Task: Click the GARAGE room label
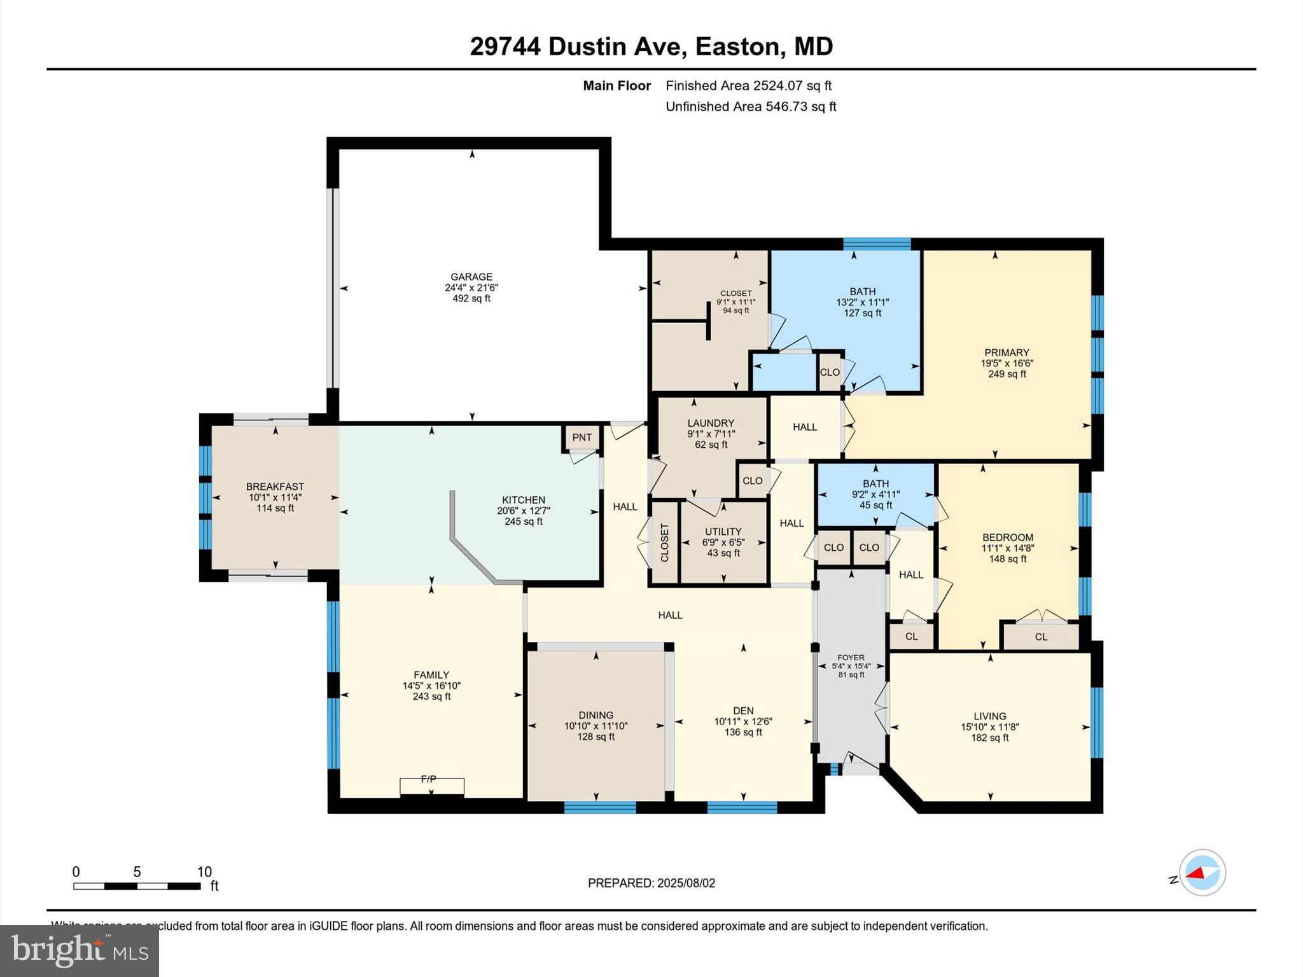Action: [x=471, y=277]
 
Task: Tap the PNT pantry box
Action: [x=582, y=437]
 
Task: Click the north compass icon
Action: [x=1202, y=873]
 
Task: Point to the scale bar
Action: [x=137, y=885]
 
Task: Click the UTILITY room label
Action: [x=723, y=532]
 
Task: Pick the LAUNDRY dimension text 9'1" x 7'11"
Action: [x=711, y=434]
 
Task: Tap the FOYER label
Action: [x=851, y=658]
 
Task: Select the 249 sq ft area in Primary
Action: [x=1007, y=374]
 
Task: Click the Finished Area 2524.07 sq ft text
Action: [x=748, y=85]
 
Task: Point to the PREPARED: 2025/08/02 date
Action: [x=651, y=883]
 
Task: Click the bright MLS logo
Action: [x=80, y=950]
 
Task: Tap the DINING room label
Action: [x=596, y=715]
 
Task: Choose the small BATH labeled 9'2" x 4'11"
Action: [x=875, y=494]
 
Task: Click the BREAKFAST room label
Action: [x=275, y=487]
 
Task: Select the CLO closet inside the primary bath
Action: [x=830, y=372]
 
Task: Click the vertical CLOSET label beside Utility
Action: [x=664, y=543]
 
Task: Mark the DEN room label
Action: [x=743, y=710]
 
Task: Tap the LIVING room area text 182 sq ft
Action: [x=990, y=738]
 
